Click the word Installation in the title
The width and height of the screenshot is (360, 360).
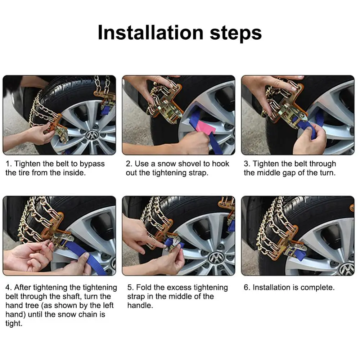[150, 32]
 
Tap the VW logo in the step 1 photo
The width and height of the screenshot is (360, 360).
[92, 135]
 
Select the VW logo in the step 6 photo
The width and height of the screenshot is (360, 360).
[346, 269]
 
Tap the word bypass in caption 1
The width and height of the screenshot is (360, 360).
[92, 164]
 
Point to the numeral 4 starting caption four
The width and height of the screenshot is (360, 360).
[8, 288]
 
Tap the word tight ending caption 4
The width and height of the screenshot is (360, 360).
[14, 324]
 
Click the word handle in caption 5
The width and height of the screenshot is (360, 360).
[140, 305]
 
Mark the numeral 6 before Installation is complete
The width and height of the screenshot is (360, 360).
[246, 288]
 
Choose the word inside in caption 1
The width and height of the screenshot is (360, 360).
[74, 173]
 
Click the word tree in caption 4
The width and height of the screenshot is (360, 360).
[32, 306]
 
